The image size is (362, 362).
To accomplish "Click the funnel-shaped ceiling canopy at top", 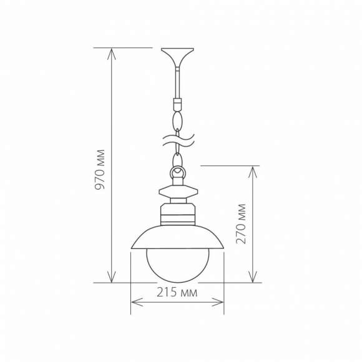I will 177,57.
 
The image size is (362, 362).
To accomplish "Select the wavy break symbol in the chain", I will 178,139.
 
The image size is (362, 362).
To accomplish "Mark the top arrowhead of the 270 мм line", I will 253,170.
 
